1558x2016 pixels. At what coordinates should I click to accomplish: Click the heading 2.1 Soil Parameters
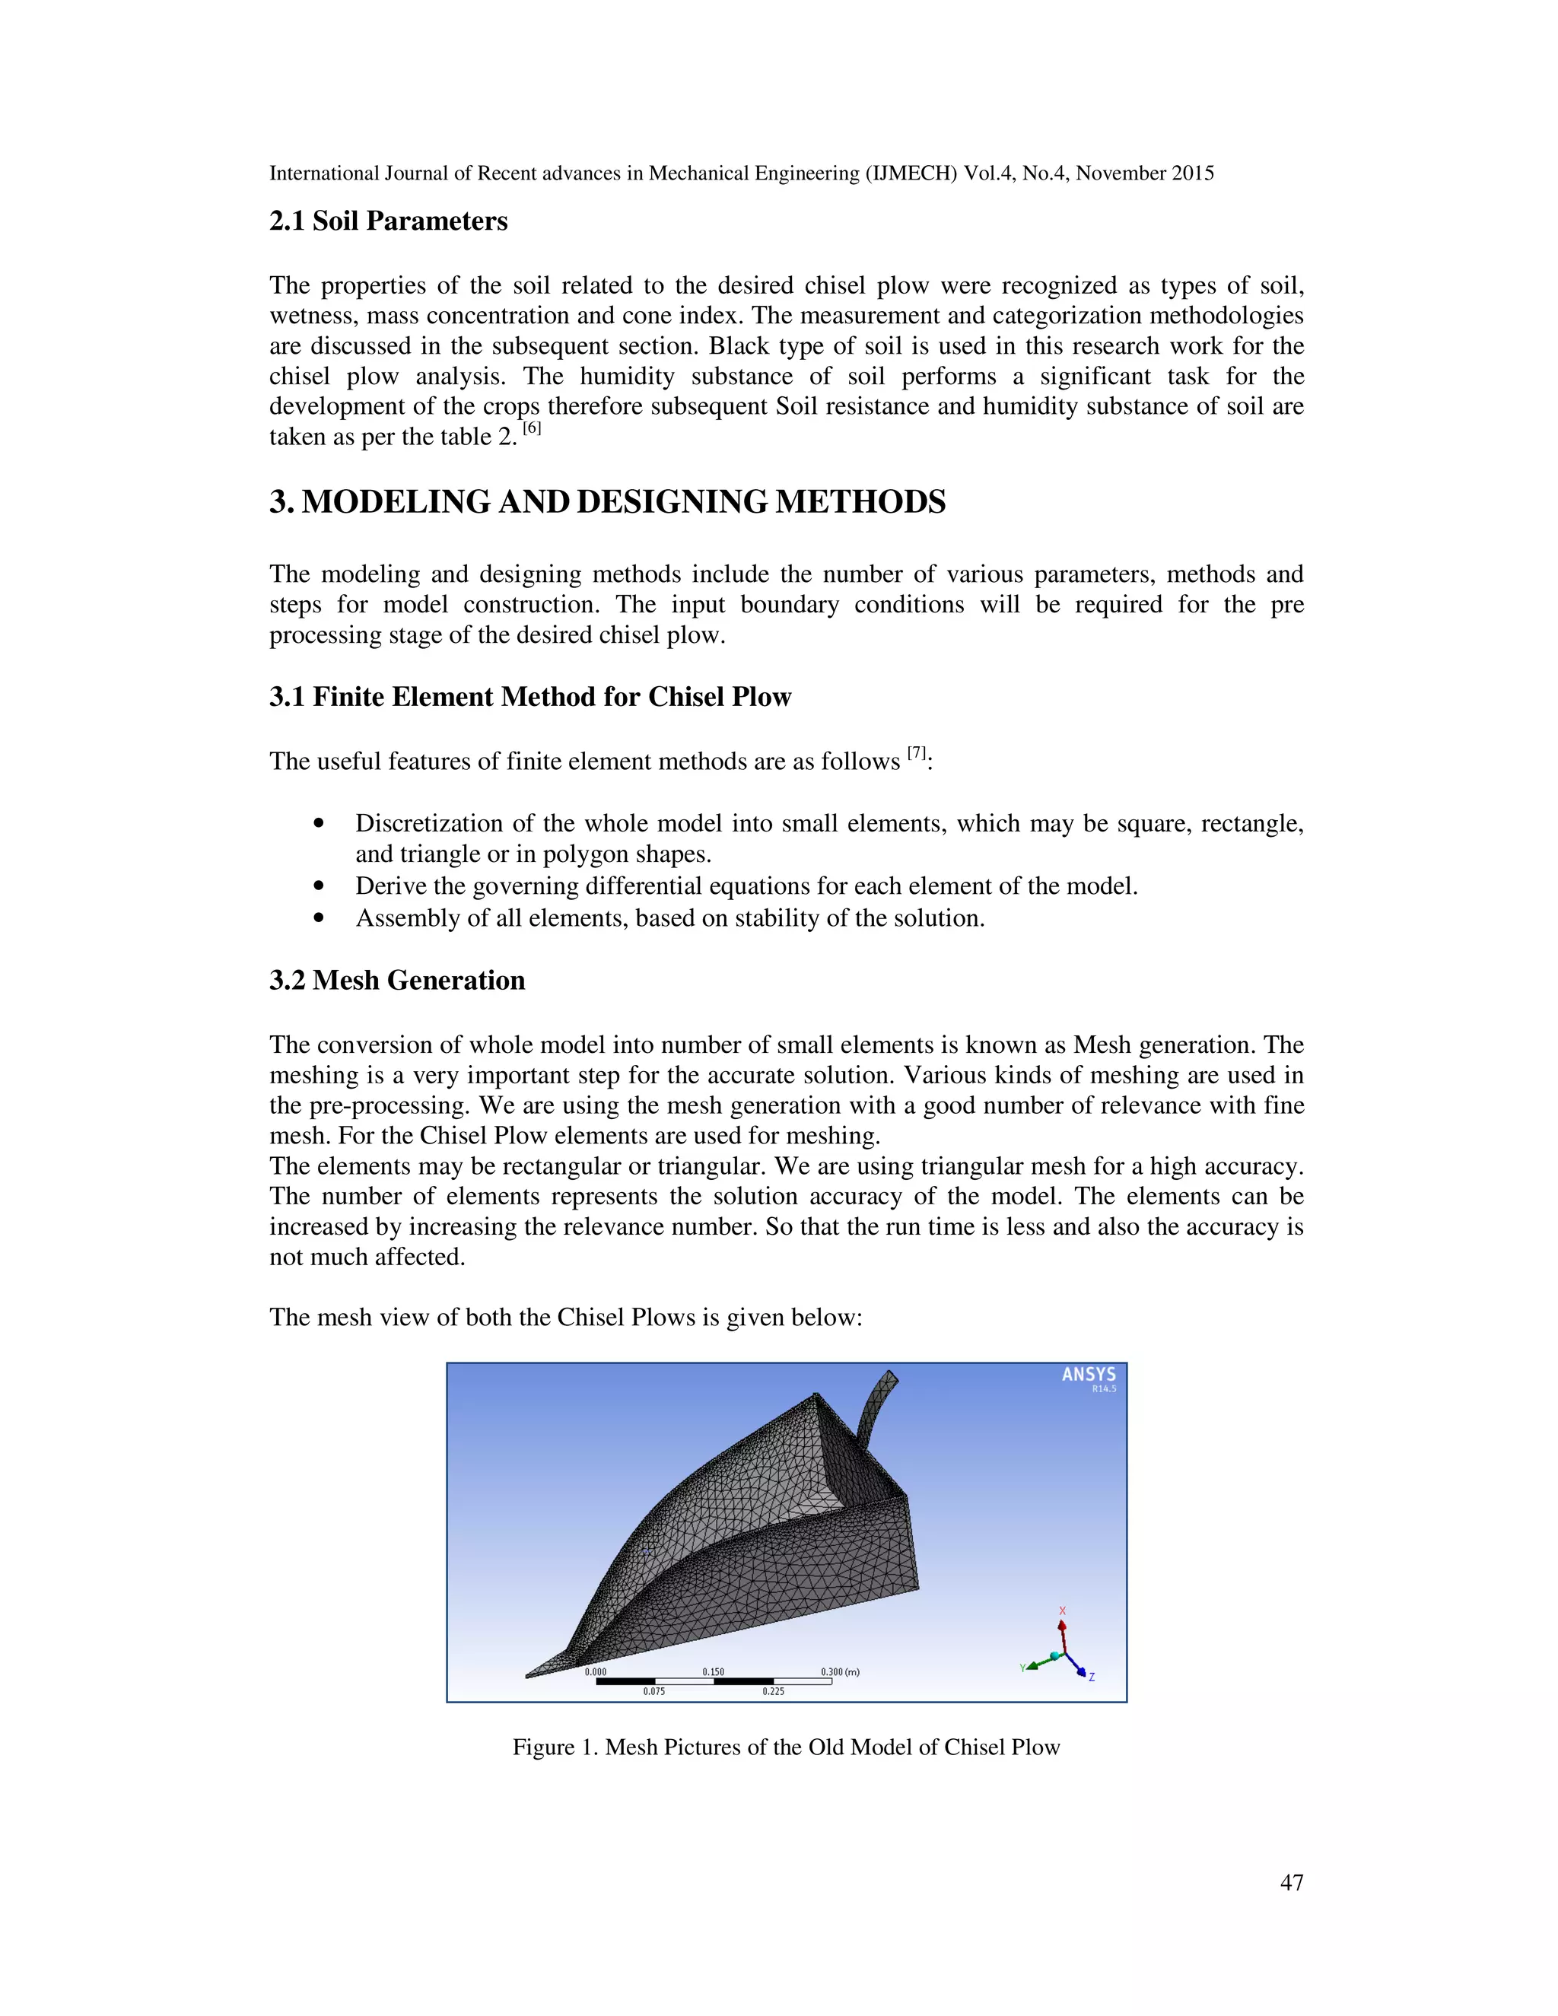tap(388, 221)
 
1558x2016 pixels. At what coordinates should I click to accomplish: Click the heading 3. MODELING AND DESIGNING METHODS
tap(607, 502)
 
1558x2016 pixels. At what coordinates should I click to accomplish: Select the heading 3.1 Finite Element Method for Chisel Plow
tap(529, 697)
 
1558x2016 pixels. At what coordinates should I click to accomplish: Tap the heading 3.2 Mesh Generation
tap(397, 981)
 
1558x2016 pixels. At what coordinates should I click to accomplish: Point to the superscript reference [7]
tap(917, 753)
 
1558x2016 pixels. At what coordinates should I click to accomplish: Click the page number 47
tap(1291, 1882)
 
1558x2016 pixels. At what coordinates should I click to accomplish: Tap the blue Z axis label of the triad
tap(1092, 1677)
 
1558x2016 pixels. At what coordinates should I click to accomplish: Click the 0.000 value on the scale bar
tap(596, 1671)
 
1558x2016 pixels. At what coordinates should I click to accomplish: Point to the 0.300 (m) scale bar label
tap(839, 1671)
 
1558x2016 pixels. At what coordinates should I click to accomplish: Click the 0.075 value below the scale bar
tap(653, 1692)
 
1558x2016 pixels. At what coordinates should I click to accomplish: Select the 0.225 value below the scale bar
tap(774, 1692)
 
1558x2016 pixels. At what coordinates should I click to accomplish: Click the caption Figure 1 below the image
tap(785, 1747)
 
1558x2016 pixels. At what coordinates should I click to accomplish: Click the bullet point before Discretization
tap(320, 823)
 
